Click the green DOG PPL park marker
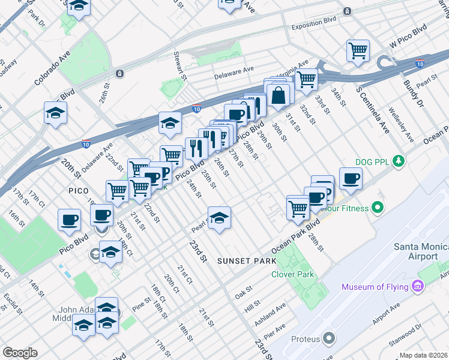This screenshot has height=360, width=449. tap(397, 161)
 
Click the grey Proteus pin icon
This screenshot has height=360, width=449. tap(328, 339)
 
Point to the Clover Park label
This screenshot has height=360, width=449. tap(294, 274)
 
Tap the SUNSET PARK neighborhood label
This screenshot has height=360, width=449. tap(247, 261)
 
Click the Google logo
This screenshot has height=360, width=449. tap(20, 353)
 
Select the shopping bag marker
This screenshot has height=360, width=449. tap(279, 95)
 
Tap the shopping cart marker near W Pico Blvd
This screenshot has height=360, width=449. tap(358, 50)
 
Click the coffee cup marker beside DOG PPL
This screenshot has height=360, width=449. tap(351, 178)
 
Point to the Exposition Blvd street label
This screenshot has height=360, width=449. tap(313, 27)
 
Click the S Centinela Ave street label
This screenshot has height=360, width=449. tap(373, 110)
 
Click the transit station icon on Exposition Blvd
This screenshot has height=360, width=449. tap(347, 11)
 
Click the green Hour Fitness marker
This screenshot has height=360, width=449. tap(377, 208)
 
